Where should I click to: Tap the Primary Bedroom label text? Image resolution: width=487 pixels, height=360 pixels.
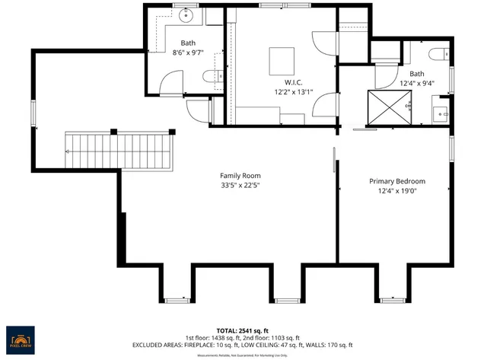(397, 181)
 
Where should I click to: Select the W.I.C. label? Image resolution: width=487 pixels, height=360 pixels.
(294, 81)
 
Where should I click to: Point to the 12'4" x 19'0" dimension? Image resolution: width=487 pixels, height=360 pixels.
(397, 191)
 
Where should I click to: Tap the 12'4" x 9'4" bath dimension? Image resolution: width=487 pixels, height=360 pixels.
(417, 84)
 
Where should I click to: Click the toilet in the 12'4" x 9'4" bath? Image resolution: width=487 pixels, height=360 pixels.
(438, 53)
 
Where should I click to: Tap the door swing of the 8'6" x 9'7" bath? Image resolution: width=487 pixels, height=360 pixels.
(171, 82)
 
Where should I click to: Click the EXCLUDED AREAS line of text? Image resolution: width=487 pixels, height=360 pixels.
(243, 345)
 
